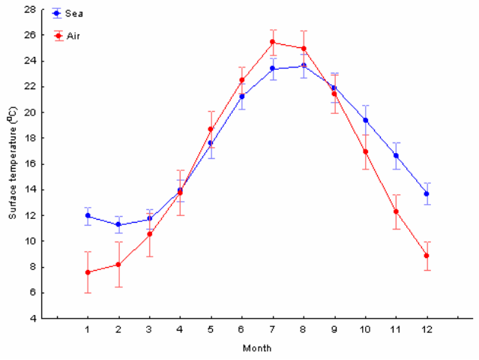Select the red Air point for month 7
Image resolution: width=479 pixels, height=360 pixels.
(273, 42)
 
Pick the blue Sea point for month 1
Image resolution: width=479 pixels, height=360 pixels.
(88, 216)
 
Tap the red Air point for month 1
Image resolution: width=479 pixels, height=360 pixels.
(88, 272)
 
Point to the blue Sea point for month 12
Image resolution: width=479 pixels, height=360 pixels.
(427, 193)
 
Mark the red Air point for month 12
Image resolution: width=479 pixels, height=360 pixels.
(427, 256)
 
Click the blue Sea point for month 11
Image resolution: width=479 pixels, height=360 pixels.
(396, 156)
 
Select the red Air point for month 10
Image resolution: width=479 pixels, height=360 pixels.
(365, 151)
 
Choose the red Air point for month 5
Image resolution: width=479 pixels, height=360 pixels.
(211, 129)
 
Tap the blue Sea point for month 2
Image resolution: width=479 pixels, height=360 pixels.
(118, 224)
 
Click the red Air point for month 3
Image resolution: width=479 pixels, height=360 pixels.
(149, 234)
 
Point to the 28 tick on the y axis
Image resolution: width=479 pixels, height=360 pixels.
(31, 10)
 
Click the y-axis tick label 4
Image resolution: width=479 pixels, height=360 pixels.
(33, 319)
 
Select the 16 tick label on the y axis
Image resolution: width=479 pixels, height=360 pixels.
(31, 164)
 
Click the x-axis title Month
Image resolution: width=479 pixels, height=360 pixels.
(257, 348)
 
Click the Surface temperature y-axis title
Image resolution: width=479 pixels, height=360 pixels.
(12, 163)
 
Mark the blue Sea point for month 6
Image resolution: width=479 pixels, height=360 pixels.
(242, 96)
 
